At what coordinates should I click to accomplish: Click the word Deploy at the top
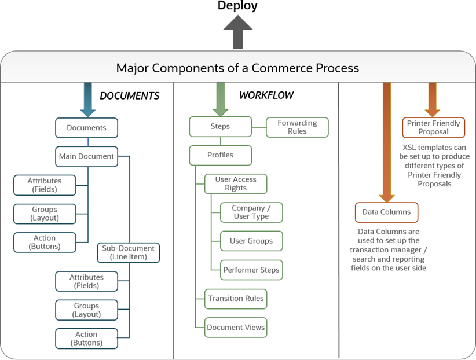click(x=237, y=6)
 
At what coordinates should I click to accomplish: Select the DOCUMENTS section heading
click(x=130, y=95)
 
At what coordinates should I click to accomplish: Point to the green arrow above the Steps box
click(x=220, y=98)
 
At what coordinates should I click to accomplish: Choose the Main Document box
click(x=86, y=156)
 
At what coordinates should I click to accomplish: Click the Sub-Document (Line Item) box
click(x=128, y=252)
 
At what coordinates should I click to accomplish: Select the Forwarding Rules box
click(x=297, y=127)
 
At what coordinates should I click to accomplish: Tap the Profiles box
click(x=220, y=155)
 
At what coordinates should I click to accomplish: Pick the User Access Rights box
click(x=236, y=183)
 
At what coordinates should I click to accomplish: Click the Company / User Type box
click(x=252, y=212)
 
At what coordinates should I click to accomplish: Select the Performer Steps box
click(x=252, y=270)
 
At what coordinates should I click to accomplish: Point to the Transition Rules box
click(x=236, y=299)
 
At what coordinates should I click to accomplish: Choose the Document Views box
click(x=236, y=327)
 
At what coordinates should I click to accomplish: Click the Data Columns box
click(x=386, y=212)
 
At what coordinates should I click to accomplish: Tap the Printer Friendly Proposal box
click(x=434, y=127)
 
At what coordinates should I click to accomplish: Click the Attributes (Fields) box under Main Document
click(x=45, y=185)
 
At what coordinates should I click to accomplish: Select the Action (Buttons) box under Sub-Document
click(x=86, y=339)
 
